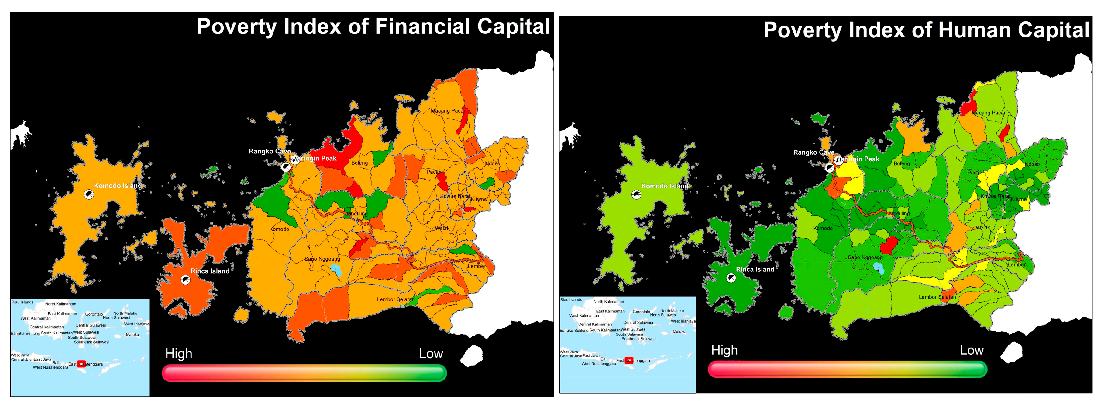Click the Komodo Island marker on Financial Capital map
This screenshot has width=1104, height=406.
pos(89,195)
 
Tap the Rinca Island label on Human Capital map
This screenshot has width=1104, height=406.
pos(755,270)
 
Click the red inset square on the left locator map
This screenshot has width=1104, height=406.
pos(81,364)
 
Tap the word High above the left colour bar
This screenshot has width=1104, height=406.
pos(179,354)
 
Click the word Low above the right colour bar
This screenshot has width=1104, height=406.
pos(972,350)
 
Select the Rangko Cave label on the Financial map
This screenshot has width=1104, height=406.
pos(269,151)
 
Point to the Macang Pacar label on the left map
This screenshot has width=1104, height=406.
pos(447,111)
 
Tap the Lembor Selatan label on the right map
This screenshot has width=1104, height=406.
pos(937,297)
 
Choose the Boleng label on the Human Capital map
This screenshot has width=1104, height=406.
pos(901,163)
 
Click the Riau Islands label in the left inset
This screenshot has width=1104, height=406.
pos(22,302)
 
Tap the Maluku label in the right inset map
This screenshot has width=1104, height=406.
pos(679,332)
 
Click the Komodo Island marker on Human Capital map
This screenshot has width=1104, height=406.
pos(636,195)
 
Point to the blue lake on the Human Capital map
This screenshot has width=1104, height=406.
pos(879,268)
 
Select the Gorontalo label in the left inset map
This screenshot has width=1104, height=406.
pos(94,314)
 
